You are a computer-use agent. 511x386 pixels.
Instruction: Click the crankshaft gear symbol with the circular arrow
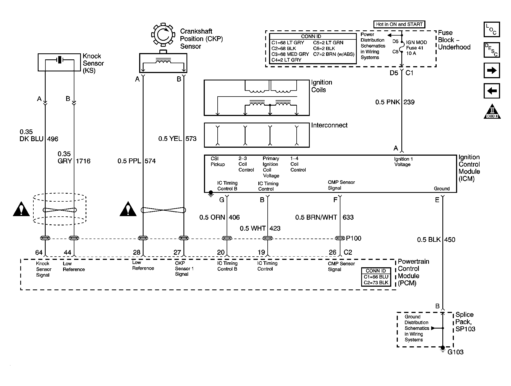(x=163, y=34)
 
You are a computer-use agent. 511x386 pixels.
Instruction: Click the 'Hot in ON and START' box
(x=399, y=24)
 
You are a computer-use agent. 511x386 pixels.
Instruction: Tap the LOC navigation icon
(x=492, y=30)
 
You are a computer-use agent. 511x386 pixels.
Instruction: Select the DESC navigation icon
(x=492, y=50)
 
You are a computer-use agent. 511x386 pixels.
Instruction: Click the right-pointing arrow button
(x=492, y=71)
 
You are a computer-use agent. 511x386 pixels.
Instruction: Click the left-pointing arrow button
(x=492, y=91)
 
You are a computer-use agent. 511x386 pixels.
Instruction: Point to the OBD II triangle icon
(x=492, y=112)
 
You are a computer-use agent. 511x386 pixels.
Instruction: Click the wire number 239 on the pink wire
(x=409, y=102)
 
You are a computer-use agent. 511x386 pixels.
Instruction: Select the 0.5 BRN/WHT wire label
(x=316, y=217)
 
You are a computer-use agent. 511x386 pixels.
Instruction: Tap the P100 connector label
(x=354, y=238)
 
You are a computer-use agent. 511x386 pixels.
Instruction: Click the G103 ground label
(x=455, y=352)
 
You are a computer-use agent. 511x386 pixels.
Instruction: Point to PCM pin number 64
(x=39, y=253)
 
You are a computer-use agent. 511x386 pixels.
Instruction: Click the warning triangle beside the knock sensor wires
(x=21, y=209)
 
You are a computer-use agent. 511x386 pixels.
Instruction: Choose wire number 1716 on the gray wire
(x=83, y=161)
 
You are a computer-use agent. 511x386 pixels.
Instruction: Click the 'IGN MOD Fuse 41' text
(x=416, y=45)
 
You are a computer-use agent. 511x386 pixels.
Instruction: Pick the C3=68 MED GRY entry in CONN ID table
(x=290, y=54)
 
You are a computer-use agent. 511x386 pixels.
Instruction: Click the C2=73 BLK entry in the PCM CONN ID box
(x=376, y=283)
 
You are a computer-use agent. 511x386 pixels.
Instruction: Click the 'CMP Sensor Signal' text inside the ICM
(x=341, y=185)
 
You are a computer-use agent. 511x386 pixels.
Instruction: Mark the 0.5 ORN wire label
(x=212, y=217)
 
